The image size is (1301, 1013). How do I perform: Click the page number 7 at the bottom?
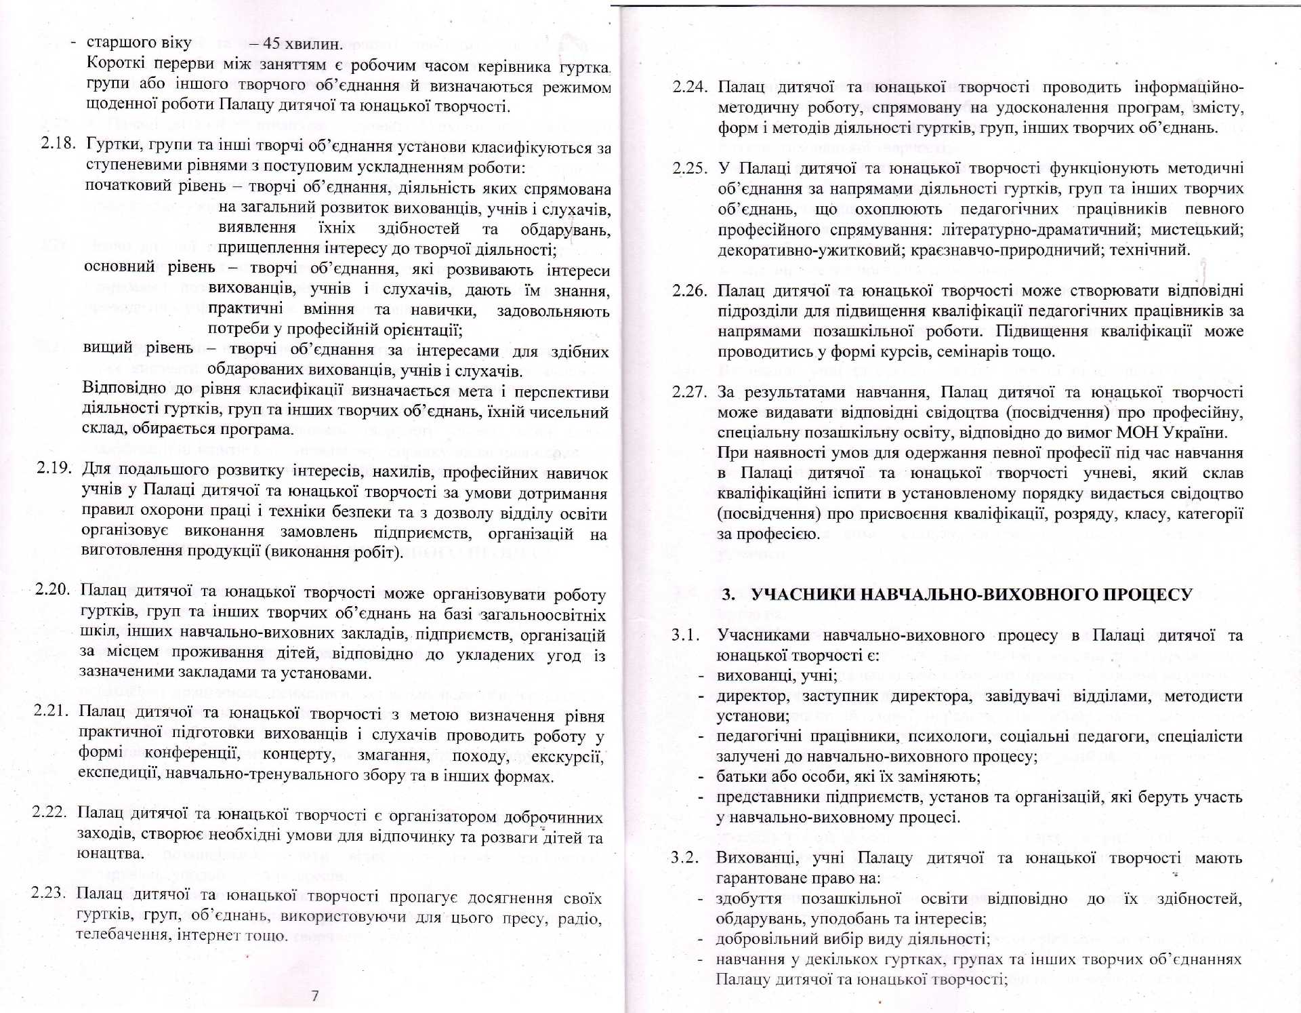[314, 995]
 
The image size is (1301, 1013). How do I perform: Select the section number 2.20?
[52, 589]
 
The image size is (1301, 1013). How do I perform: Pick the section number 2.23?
[48, 892]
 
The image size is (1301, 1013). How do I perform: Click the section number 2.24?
[690, 87]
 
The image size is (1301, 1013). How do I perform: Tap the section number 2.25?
[690, 167]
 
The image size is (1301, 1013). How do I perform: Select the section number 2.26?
[690, 290]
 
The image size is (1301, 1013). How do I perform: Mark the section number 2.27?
[690, 392]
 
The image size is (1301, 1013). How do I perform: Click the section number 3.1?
[685, 635]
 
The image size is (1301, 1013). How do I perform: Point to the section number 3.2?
[685, 857]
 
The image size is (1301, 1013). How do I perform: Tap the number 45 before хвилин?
[272, 43]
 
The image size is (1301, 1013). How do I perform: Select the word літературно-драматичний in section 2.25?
[1039, 229]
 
